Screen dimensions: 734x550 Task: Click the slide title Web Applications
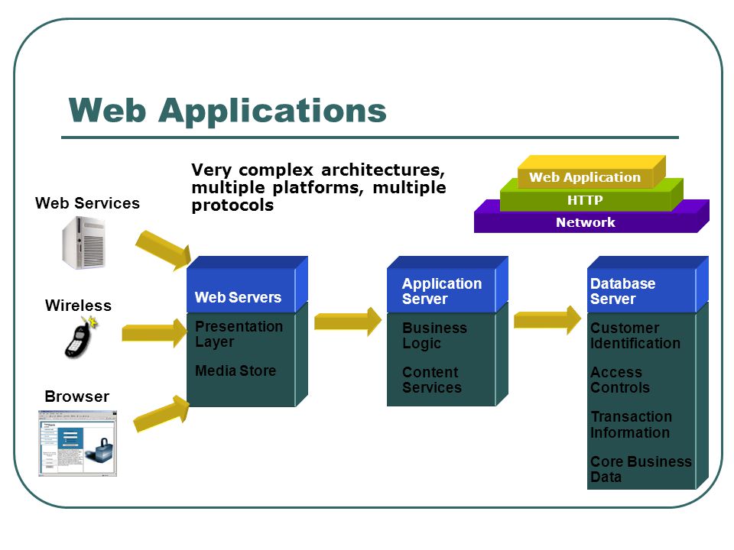tap(228, 112)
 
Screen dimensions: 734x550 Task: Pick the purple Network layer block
tap(591, 218)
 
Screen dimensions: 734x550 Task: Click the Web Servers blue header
tap(247, 284)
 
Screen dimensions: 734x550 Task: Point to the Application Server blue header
tap(447, 284)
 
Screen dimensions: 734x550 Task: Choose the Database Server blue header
tap(648, 284)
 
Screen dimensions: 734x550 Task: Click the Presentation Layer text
tap(239, 334)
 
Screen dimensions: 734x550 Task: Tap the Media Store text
tap(235, 371)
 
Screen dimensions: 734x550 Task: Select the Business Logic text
tap(434, 335)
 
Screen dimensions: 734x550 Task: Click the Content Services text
tap(431, 380)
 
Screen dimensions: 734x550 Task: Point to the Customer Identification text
tap(635, 335)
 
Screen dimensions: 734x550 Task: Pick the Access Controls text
tap(620, 380)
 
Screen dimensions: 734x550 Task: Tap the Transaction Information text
tap(631, 424)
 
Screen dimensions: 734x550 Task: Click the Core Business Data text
tap(641, 469)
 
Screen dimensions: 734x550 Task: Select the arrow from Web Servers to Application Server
tap(348, 322)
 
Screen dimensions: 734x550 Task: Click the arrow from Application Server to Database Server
tap(547, 320)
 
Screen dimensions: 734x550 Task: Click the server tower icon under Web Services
tap(84, 242)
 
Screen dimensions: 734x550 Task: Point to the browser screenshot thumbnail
tap(78, 443)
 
